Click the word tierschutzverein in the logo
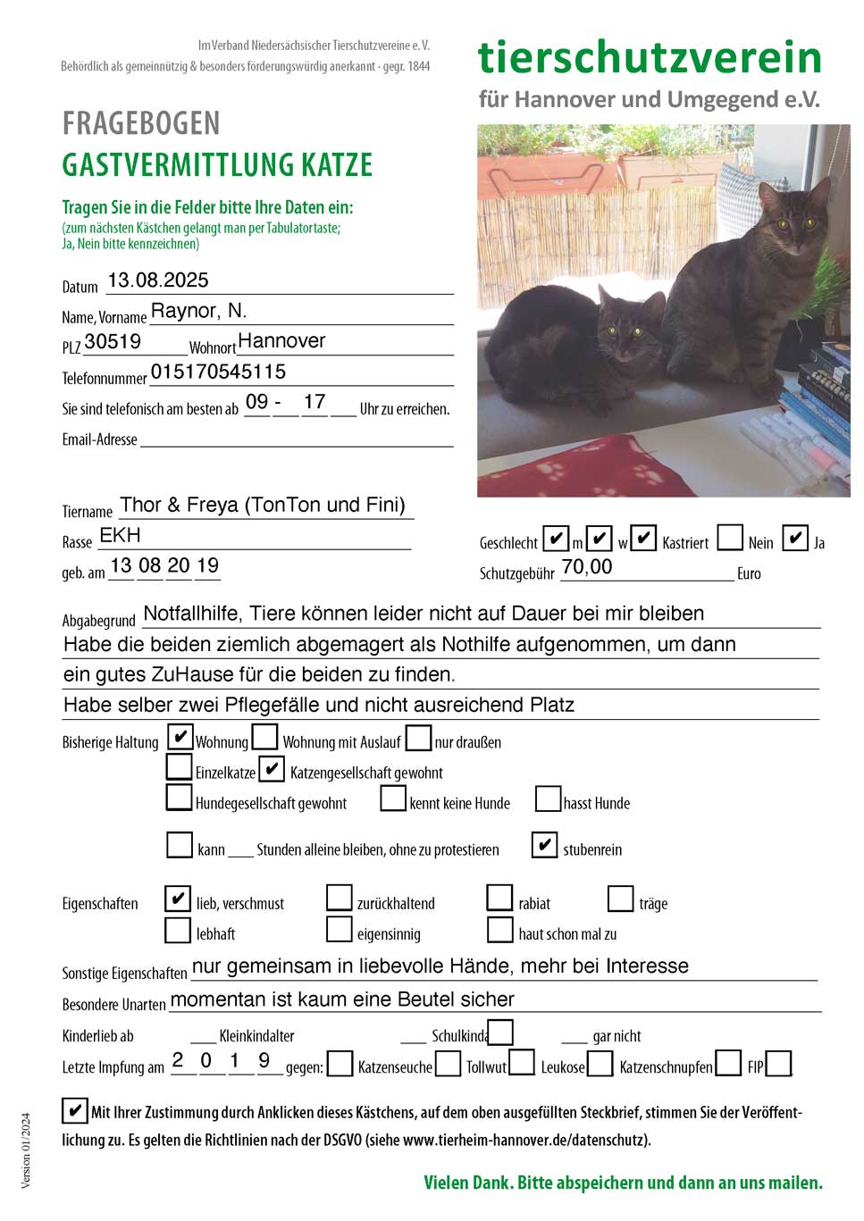point(650,57)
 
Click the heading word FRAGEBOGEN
point(141,123)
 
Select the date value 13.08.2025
point(158,280)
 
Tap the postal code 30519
point(113,342)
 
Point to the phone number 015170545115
point(218,372)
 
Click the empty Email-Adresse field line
point(297,439)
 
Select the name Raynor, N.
point(198,311)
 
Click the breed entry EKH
point(120,535)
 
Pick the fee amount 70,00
point(587,567)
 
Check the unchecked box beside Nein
point(730,538)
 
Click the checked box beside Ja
point(794,538)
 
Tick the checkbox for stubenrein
point(544,845)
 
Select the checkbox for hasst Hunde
point(548,799)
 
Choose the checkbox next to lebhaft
point(178,930)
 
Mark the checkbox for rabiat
point(499,898)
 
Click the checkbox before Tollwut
point(449,1063)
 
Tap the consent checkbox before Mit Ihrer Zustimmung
point(74,1110)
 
